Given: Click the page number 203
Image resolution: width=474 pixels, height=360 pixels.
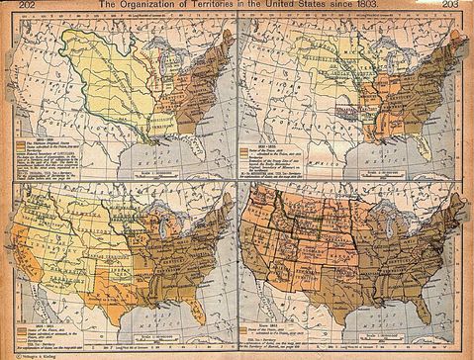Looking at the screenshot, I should click(462, 6).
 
